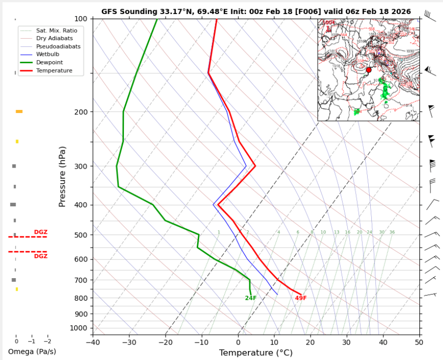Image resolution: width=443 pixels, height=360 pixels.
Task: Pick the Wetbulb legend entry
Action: (48, 54)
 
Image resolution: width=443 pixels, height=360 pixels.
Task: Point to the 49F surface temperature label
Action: (301, 298)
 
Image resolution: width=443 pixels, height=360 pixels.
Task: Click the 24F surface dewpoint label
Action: (251, 298)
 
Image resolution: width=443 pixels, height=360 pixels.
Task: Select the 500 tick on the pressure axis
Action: (81, 235)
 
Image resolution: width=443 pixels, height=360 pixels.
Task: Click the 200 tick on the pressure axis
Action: (81, 112)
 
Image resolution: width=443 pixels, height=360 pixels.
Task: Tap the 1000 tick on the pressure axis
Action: (79, 328)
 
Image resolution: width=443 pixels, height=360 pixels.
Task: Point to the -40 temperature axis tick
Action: (93, 342)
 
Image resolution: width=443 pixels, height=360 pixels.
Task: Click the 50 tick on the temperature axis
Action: (419, 342)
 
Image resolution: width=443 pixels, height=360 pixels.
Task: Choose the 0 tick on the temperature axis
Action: (238, 342)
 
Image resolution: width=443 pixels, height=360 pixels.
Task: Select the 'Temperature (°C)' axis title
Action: (256, 353)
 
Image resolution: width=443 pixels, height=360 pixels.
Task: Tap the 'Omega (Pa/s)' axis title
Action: (32, 351)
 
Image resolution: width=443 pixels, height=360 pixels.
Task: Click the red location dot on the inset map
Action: (369, 70)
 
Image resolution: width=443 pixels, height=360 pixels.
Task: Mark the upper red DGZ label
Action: (41, 232)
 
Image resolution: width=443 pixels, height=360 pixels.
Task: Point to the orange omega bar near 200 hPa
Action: (19, 111)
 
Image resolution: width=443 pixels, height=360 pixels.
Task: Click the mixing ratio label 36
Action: (392, 232)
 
